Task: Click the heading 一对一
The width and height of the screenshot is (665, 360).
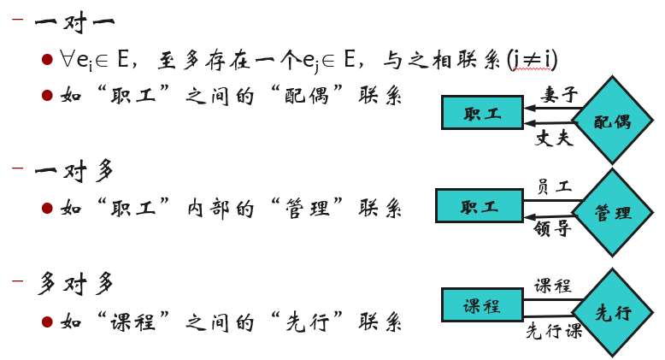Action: pos(74,22)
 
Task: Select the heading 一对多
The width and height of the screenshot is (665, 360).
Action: pos(74,171)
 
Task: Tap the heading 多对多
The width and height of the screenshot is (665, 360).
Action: pos(75,283)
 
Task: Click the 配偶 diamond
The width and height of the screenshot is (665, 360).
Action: pos(612,120)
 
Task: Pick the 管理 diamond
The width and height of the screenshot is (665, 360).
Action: pos(612,212)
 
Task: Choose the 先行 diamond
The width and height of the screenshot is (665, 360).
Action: pos(612,312)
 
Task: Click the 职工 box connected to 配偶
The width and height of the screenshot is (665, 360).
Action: pos(482,113)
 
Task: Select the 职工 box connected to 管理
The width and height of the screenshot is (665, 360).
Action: pos(480,206)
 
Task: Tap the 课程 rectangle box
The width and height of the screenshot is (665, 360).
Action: pos(482,304)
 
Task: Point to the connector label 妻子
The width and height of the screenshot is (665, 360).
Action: pos(559,94)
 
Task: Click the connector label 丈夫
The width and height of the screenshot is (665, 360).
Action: pos(554,139)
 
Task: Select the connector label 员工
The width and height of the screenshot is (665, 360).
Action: pos(555,186)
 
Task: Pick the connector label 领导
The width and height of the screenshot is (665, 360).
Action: pos(552,228)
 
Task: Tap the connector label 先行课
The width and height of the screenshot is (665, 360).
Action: pos(554,331)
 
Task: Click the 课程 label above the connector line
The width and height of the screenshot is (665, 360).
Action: pos(553,286)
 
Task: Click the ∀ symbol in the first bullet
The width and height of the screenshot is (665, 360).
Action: pos(67,59)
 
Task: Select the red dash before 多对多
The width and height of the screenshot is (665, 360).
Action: pos(17,280)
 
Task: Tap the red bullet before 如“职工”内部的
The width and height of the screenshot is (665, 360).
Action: pos(47,209)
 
